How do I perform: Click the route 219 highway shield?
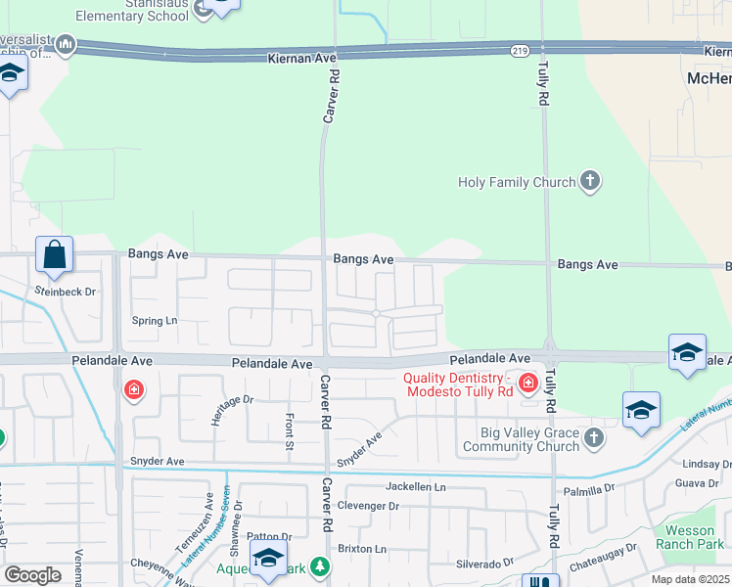tap(520, 49)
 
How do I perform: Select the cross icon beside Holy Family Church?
tap(589, 181)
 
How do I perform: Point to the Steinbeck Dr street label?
tap(65, 292)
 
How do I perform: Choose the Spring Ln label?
tap(155, 320)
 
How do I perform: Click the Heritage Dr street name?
tap(232, 406)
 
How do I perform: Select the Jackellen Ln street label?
tap(415, 486)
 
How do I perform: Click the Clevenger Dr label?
tap(368, 506)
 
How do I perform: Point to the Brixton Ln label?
tap(362, 549)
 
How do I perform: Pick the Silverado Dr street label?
tap(484, 564)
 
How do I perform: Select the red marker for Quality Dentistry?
tap(528, 383)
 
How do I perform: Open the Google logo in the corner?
tap(32, 575)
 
